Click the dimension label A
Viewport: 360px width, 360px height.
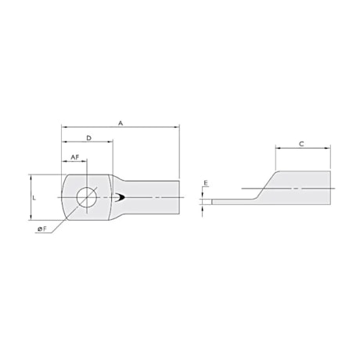[x=120, y=123]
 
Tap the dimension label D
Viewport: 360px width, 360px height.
[x=88, y=138]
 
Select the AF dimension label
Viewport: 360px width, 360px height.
[x=74, y=157]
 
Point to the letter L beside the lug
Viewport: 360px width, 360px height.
[x=34, y=198]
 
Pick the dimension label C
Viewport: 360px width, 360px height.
[x=302, y=143]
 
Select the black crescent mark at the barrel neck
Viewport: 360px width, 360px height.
[x=117, y=198]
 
